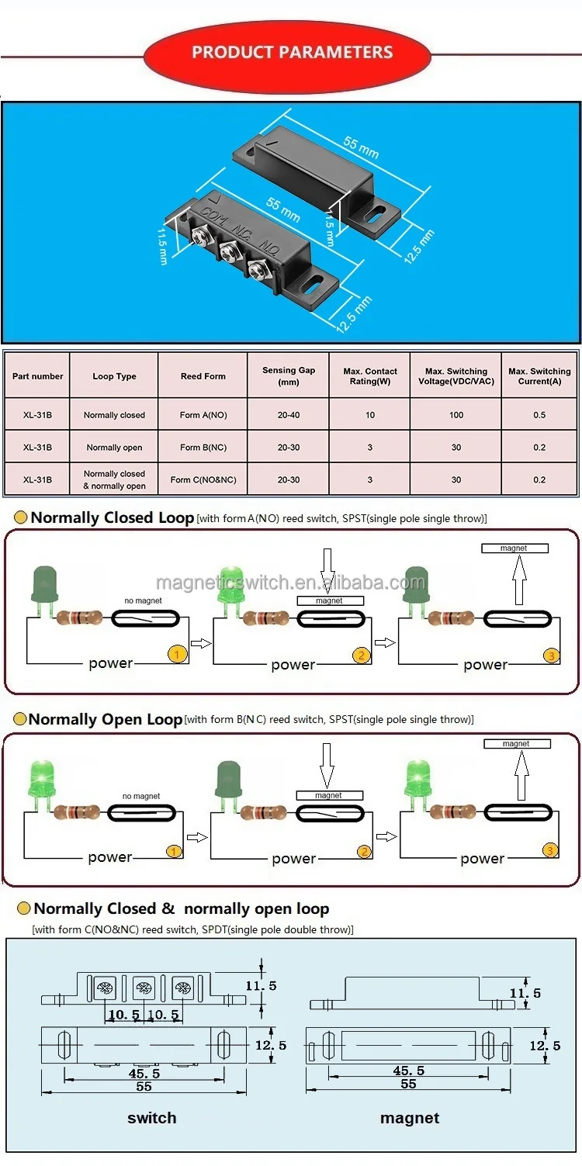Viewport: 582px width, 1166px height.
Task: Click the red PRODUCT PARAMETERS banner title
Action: click(292, 53)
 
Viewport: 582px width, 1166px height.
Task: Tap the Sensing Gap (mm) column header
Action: click(289, 376)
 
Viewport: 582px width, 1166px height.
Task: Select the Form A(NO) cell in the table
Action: click(203, 415)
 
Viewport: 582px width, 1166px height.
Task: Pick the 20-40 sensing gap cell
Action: click(289, 415)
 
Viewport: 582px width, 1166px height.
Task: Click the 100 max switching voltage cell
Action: click(456, 415)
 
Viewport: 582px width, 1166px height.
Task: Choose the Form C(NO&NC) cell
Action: click(203, 479)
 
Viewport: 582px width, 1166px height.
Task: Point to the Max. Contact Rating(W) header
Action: click(370, 376)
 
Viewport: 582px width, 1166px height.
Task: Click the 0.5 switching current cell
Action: click(539, 415)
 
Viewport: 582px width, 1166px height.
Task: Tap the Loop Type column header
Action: click(114, 376)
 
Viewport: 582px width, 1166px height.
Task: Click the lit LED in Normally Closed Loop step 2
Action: click(230, 590)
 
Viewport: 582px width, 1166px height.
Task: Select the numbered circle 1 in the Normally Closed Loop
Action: click(177, 656)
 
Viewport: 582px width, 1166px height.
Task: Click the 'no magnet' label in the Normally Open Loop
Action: click(141, 796)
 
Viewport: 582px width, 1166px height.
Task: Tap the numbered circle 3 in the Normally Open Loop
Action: click(550, 850)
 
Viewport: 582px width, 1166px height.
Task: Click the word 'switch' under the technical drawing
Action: click(151, 1118)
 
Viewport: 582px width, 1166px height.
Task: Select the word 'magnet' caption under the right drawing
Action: click(410, 1118)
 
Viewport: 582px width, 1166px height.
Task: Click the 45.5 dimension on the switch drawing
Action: click(144, 1074)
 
